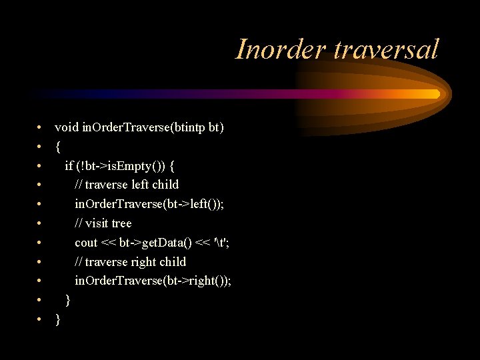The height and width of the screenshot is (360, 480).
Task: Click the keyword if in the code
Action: coord(69,165)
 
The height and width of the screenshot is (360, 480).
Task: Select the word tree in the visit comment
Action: coord(121,223)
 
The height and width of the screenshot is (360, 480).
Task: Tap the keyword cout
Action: coord(86,243)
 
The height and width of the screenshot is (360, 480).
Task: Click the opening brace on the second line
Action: coord(58,146)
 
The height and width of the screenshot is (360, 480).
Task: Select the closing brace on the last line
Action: coord(58,320)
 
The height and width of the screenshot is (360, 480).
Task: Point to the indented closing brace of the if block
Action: coord(68,301)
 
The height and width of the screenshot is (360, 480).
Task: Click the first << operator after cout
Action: coord(109,243)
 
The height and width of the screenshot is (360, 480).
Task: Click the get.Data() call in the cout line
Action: coord(157,243)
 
